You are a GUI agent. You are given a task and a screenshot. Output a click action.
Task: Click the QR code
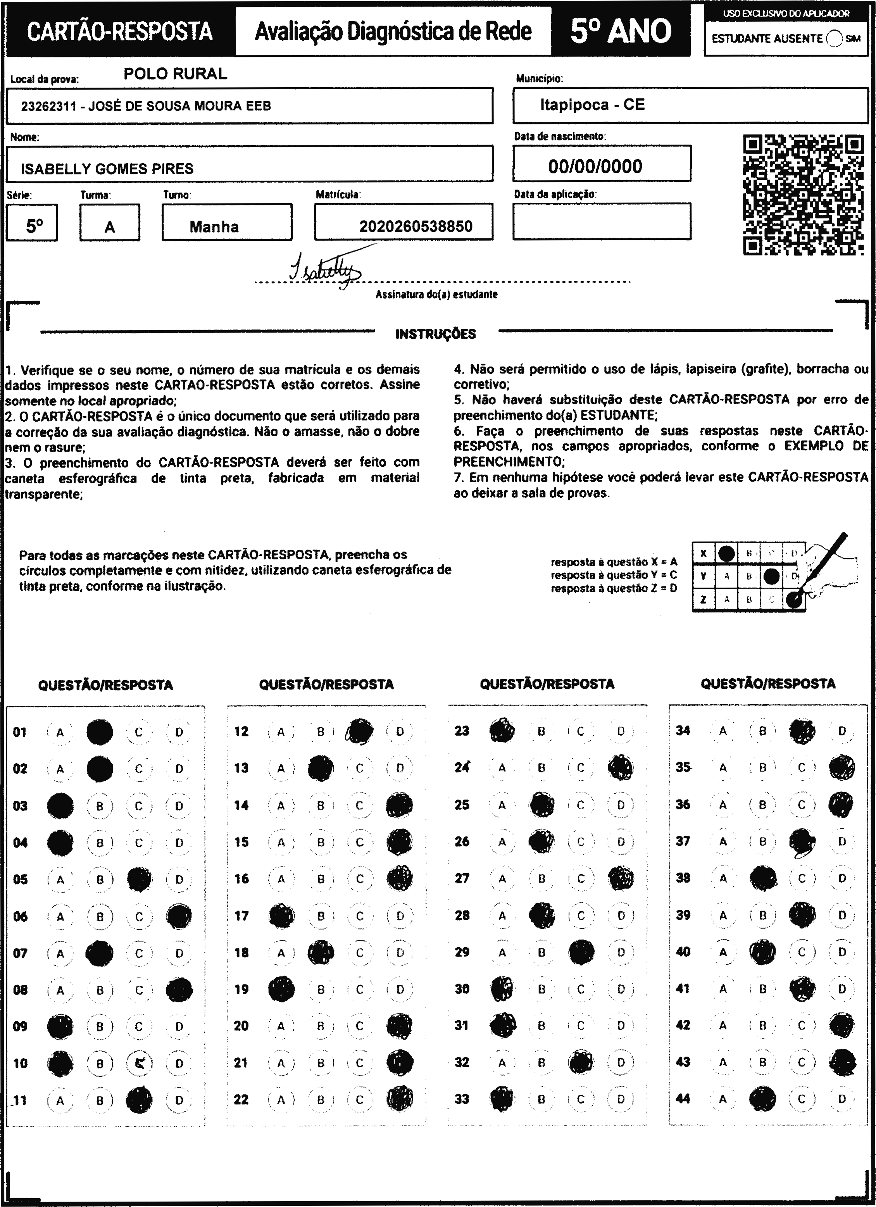click(803, 195)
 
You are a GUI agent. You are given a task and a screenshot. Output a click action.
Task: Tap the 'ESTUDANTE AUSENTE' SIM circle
click(835, 39)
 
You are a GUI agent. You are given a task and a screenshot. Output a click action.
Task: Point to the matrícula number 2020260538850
click(416, 227)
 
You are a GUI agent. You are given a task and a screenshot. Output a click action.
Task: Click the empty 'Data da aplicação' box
click(602, 221)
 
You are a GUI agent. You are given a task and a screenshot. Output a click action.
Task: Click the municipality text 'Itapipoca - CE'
click(592, 104)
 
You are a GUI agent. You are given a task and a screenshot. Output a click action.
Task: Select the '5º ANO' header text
click(621, 31)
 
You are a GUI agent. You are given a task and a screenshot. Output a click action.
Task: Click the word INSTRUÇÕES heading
click(435, 334)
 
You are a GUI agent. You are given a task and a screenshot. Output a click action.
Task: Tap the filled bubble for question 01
click(100, 732)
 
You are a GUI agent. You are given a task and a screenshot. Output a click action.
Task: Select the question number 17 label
click(241, 916)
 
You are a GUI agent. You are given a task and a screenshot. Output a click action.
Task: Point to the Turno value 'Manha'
click(214, 227)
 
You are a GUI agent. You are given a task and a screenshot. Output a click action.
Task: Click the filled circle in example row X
click(726, 553)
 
